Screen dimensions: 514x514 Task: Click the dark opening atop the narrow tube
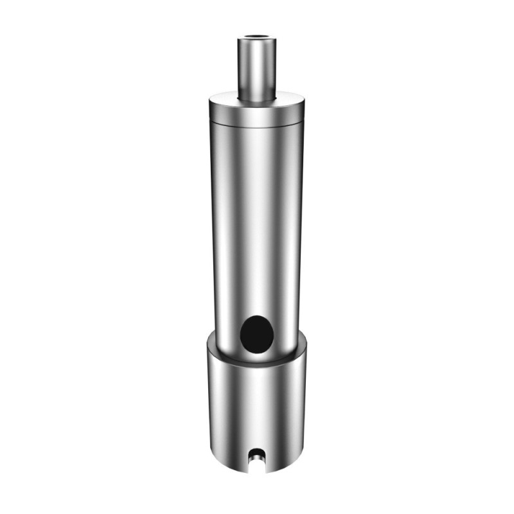click(x=256, y=40)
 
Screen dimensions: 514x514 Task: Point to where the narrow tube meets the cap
click(x=256, y=99)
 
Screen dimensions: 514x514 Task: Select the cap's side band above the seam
click(x=256, y=114)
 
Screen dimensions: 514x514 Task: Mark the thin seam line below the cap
click(x=256, y=123)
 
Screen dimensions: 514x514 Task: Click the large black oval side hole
click(x=256, y=333)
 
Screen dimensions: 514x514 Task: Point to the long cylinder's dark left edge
click(x=215, y=225)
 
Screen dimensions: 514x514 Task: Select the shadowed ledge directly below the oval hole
click(x=256, y=357)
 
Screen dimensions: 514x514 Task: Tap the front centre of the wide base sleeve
click(x=256, y=411)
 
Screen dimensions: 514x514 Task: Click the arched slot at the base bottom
click(x=256, y=457)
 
